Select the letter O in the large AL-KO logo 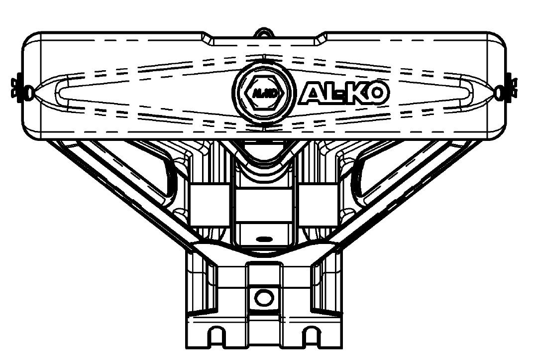tap(377, 94)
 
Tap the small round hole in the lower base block tap(263, 298)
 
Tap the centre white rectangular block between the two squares tap(263, 205)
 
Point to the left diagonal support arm tap(124, 189)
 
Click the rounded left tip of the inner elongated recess tap(62, 90)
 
